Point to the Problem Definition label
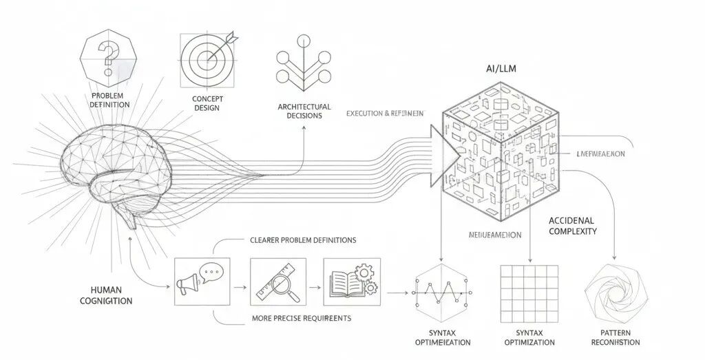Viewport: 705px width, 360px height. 109,99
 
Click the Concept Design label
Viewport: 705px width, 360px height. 207,103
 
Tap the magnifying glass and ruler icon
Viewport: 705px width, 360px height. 277,282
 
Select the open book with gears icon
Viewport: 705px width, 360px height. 351,282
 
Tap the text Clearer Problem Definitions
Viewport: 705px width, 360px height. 303,240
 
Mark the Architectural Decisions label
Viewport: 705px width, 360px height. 304,111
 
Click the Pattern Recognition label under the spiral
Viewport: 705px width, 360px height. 615,337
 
